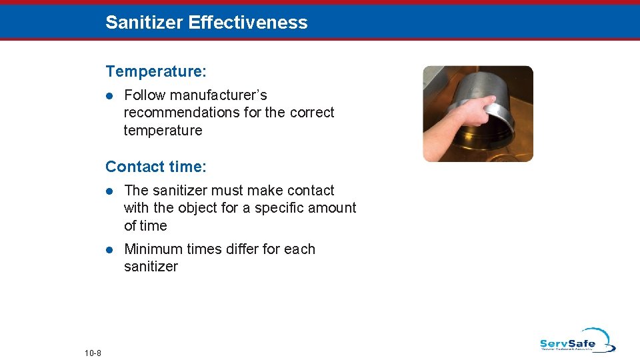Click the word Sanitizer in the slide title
[144, 23]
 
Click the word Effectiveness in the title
[248, 23]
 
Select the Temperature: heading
[155, 71]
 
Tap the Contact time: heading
[156, 166]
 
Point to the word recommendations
[182, 113]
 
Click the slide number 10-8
[93, 353]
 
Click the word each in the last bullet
[299, 249]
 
